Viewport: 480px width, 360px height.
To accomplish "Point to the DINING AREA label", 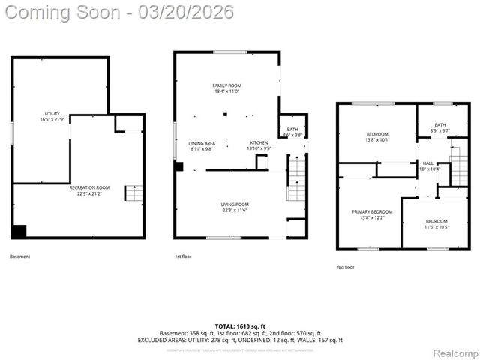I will point(201,145).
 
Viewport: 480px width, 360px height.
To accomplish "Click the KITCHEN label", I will point(259,145).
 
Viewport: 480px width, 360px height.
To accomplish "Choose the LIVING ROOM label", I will point(234,207).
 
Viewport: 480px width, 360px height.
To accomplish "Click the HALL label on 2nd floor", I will point(427,166).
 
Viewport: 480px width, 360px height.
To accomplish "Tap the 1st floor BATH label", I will point(292,132).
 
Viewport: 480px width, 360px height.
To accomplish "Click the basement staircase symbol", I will point(133,193).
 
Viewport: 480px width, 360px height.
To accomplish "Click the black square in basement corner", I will point(19,232).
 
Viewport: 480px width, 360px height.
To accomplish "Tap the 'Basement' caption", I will point(20,257).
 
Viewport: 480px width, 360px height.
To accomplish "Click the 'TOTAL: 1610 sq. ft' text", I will point(240,326).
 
